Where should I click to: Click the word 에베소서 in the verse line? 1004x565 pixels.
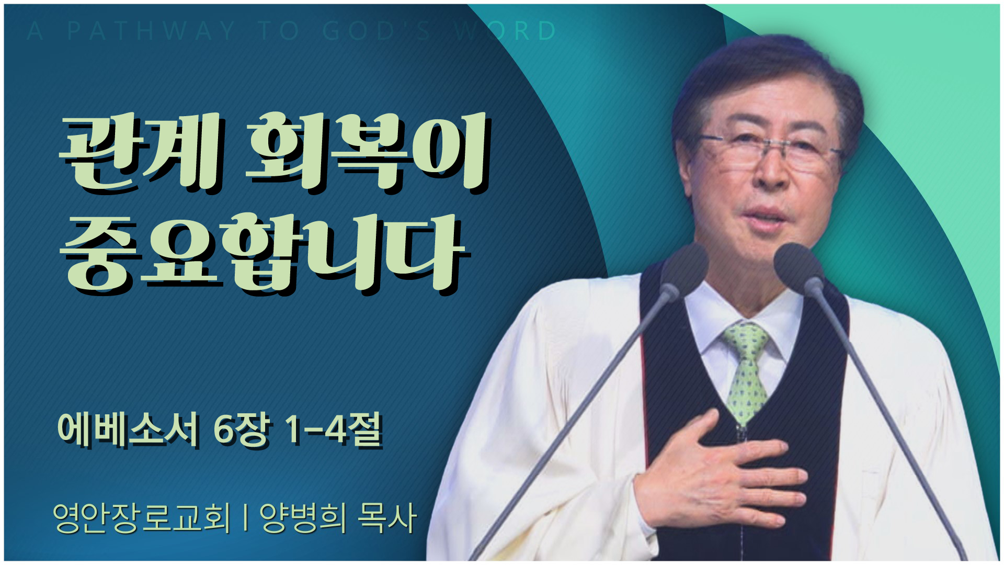pyautogui.click(x=129, y=430)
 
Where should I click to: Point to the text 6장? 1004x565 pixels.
pyautogui.click(x=242, y=430)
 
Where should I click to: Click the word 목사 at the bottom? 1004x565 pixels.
pyautogui.click(x=387, y=517)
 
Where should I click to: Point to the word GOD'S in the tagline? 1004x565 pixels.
pyautogui.click(x=377, y=31)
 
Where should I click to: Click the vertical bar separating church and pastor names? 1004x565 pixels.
pyautogui.click(x=245, y=518)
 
